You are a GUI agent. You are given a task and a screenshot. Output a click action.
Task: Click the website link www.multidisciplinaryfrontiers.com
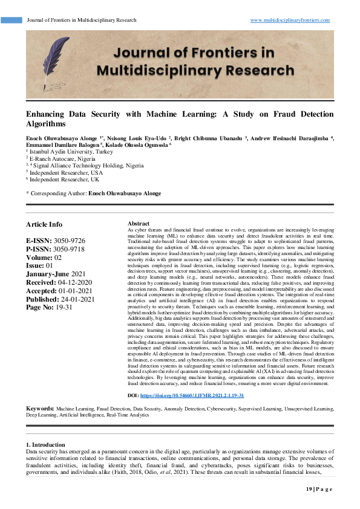tap(290, 20)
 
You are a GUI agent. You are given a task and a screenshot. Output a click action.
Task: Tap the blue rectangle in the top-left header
tap(11, 20)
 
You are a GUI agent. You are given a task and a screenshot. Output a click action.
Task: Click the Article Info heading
tap(44, 224)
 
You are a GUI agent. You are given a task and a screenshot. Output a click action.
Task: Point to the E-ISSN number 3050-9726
tap(68, 241)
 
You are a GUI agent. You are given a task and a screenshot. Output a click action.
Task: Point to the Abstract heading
tap(139, 224)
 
